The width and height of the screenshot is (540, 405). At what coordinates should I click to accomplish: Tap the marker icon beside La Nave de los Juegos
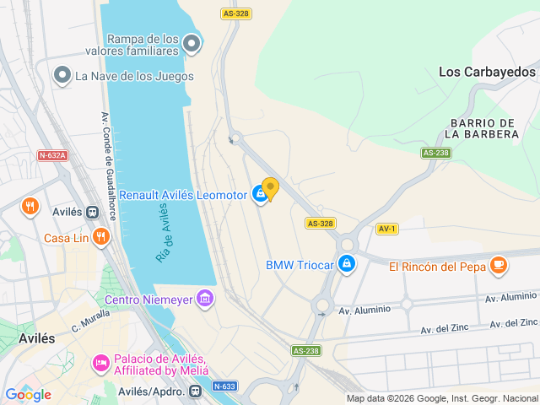click(62, 76)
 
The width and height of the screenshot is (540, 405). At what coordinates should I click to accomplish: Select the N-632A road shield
click(51, 155)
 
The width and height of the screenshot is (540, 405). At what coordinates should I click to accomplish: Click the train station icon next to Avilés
click(91, 212)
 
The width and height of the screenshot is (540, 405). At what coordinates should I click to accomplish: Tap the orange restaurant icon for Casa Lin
click(101, 236)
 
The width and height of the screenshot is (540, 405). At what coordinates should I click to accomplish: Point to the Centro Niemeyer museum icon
click(203, 298)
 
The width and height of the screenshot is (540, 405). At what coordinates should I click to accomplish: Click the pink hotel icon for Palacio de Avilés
click(100, 364)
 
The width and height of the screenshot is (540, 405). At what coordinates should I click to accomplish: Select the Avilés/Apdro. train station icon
click(196, 391)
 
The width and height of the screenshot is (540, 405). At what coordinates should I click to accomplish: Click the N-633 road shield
click(224, 386)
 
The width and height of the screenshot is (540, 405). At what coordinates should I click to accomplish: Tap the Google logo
click(28, 394)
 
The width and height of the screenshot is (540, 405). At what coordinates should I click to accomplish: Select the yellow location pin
click(270, 188)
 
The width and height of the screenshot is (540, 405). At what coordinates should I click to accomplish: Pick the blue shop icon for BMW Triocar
click(345, 264)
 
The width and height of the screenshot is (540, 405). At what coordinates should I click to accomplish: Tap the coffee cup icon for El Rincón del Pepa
click(498, 265)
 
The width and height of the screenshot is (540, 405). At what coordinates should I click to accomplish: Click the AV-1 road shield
click(387, 229)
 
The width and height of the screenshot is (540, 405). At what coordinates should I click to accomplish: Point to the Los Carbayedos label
click(487, 72)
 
